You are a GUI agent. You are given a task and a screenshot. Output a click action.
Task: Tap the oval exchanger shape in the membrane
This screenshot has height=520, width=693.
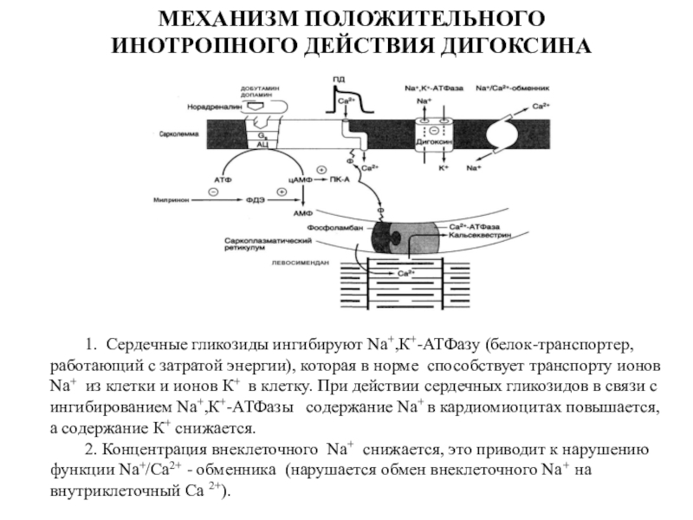(x=505, y=132)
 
